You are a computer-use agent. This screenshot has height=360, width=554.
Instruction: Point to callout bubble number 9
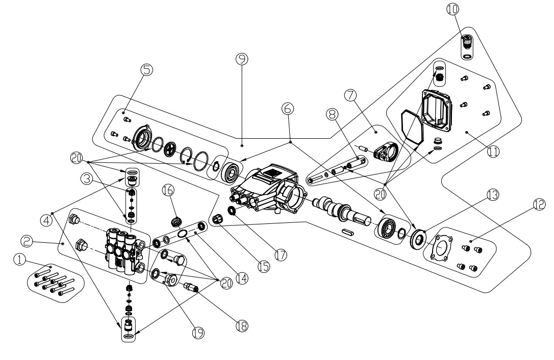(242, 59)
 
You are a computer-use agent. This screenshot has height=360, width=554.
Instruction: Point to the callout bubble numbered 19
(198, 332)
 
